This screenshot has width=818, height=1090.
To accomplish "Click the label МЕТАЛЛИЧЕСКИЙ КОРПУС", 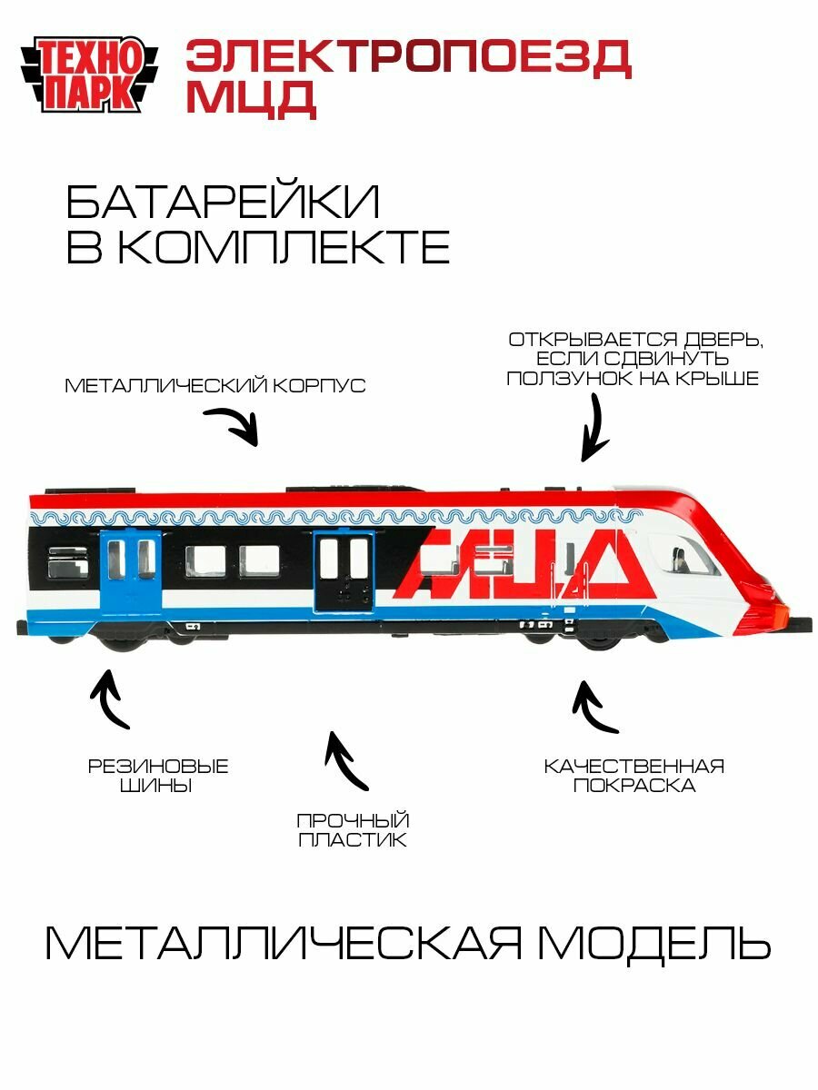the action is (215, 386).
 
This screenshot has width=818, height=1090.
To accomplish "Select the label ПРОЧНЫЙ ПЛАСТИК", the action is (353, 830).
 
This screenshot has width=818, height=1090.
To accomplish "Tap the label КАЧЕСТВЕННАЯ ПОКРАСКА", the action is (633, 775).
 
